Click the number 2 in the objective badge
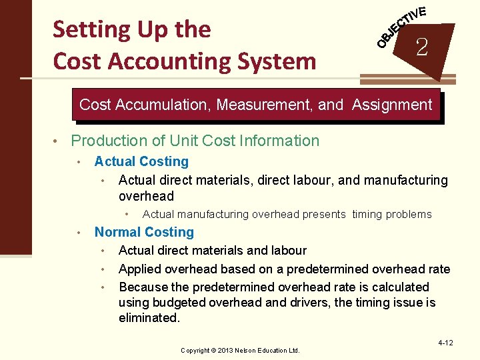pos(421,47)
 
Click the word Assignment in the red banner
pos(392,105)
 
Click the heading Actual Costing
pos(141,161)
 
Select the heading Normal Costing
pos(144,232)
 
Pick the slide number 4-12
pos(445,343)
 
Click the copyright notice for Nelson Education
pos(240,350)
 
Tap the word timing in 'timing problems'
pos(367,214)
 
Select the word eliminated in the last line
pos(149,318)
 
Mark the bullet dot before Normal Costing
pos(79,233)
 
